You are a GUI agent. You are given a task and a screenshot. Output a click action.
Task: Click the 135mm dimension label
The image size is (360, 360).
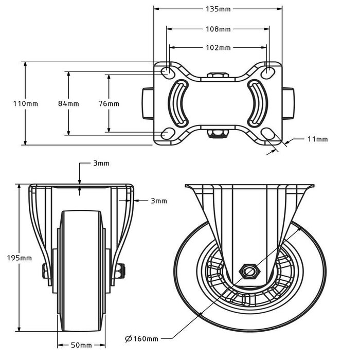click(218, 9)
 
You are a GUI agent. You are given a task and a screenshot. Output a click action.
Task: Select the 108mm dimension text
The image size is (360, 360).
click(218, 29)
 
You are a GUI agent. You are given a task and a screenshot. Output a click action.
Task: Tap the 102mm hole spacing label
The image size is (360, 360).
click(218, 47)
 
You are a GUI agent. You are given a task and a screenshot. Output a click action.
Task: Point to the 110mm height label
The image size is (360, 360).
click(25, 103)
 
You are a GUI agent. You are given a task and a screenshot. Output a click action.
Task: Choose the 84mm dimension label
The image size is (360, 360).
click(68, 103)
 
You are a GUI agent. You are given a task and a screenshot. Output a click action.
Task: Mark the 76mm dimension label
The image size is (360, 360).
click(109, 103)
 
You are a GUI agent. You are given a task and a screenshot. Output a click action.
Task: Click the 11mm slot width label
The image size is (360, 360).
click(317, 139)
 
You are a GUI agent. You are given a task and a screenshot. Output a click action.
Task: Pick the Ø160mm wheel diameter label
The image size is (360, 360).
click(141, 338)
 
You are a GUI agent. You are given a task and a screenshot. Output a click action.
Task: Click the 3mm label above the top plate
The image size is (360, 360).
click(101, 164)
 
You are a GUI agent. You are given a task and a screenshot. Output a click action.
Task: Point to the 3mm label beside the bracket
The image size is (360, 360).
click(159, 201)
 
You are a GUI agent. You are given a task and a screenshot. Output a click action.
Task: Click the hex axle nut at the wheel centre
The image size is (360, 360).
click(250, 270)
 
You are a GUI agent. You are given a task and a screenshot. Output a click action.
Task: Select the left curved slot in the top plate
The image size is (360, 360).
click(179, 103)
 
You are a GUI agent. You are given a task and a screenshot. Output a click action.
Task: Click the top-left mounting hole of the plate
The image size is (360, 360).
click(168, 72)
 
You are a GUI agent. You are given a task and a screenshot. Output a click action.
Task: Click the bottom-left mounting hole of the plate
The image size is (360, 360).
click(168, 134)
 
